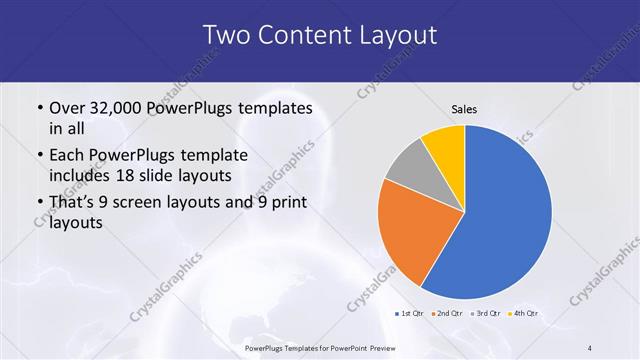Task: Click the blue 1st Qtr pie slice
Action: pos(505,215)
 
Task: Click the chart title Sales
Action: pos(463,108)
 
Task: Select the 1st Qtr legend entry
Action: pos(409,313)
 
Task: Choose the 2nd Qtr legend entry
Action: pos(446,313)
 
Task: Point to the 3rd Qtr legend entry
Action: pos(486,313)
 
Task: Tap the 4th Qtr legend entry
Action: pos(524,313)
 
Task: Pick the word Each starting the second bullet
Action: pos(67,155)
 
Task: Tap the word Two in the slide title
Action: pos(226,35)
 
